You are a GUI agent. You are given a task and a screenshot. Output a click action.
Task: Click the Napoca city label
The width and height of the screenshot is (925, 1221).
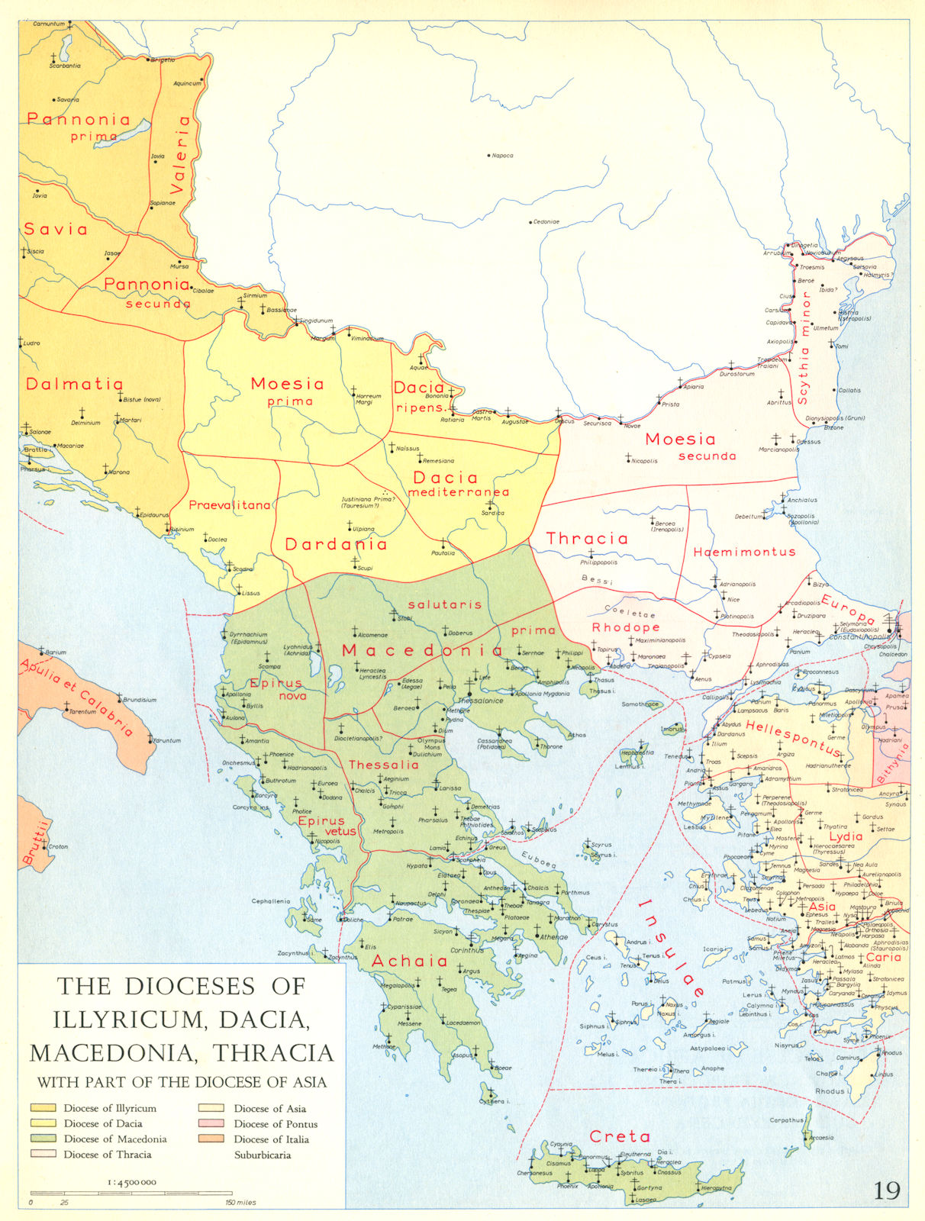pyautogui.click(x=503, y=156)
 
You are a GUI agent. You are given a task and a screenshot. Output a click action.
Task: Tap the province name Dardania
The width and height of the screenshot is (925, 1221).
pyautogui.click(x=336, y=544)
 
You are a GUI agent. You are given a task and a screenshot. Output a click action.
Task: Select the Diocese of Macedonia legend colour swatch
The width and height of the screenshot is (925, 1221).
pyautogui.click(x=44, y=1139)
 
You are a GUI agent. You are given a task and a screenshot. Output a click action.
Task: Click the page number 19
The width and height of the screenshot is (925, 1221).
pyautogui.click(x=886, y=1190)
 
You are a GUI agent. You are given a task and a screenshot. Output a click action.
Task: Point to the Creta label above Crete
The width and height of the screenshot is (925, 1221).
pyautogui.click(x=620, y=1136)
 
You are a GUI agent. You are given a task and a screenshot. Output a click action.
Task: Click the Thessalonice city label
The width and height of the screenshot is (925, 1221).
pyautogui.click(x=480, y=701)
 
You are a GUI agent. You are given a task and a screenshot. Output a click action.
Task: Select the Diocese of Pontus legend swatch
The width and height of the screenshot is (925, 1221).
pyautogui.click(x=214, y=1123)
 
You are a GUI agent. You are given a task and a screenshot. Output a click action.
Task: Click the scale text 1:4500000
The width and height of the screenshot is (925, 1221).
pyautogui.click(x=128, y=1182)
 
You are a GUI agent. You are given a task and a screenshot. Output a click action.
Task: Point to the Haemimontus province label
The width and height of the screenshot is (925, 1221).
pyautogui.click(x=744, y=551)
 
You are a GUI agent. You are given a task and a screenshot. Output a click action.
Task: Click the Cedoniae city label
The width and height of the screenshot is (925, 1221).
pyautogui.click(x=546, y=222)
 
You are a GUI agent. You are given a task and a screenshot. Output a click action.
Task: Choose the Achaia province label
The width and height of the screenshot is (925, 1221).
pyautogui.click(x=409, y=962)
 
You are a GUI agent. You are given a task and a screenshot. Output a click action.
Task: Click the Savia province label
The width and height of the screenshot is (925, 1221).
pyautogui.click(x=56, y=229)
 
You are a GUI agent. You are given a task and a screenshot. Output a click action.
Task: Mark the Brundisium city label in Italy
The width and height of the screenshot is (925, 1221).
pyautogui.click(x=140, y=700)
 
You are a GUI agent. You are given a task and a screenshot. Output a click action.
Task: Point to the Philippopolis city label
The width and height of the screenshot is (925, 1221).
pyautogui.click(x=598, y=562)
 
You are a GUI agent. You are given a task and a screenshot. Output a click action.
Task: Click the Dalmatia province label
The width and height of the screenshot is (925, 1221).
pyautogui.click(x=75, y=384)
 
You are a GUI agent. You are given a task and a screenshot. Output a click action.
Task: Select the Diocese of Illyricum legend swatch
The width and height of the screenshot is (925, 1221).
pyautogui.click(x=44, y=1108)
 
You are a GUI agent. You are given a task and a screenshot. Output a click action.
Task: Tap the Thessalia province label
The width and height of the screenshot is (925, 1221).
pyautogui.click(x=383, y=765)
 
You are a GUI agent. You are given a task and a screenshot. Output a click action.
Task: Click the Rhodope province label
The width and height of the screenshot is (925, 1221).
pyautogui.click(x=626, y=627)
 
